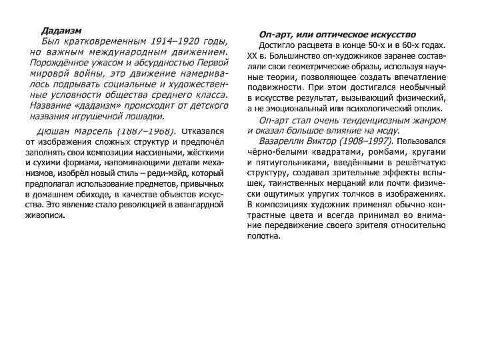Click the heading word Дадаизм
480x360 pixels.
tap(61, 31)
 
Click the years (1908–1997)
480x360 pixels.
tap(363, 141)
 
